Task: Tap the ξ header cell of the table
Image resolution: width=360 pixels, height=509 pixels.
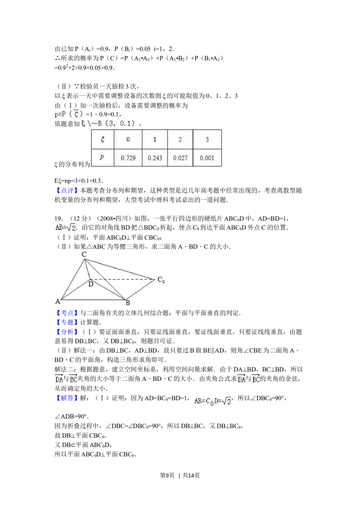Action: point(103,139)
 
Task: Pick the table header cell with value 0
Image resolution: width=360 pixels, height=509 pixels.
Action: point(128,139)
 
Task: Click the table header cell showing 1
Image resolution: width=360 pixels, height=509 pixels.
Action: point(155,139)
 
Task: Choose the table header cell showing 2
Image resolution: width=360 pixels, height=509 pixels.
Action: point(180,139)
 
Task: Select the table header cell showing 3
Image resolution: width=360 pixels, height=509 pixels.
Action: point(207,139)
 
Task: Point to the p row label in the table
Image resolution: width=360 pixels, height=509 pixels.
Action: point(102,157)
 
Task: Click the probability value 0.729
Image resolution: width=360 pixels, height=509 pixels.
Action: point(128,158)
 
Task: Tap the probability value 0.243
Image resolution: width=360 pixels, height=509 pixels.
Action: point(155,158)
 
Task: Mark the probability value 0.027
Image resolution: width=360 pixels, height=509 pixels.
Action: point(180,158)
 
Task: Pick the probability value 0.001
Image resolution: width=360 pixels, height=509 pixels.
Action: point(207,158)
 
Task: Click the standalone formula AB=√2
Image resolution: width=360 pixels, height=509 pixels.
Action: point(65,228)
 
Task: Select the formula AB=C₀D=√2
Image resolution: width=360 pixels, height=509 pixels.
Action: point(213,401)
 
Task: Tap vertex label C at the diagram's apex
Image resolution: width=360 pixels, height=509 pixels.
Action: point(84,254)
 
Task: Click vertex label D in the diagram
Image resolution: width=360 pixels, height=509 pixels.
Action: point(91,284)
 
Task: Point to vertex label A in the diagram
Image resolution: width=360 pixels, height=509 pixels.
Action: point(58,302)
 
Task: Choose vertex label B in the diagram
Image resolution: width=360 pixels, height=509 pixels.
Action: point(128,303)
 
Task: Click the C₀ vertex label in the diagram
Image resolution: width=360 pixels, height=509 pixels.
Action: point(161,280)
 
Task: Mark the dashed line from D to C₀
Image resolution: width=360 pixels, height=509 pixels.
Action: point(122,279)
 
